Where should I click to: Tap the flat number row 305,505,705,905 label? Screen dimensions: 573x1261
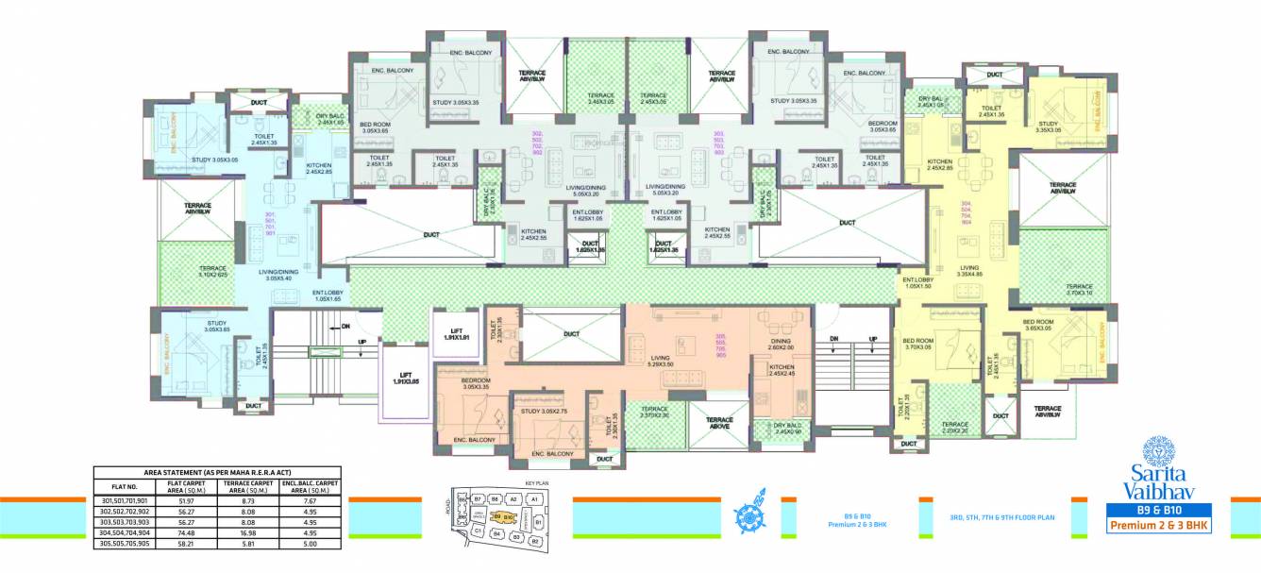(x=126, y=545)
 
